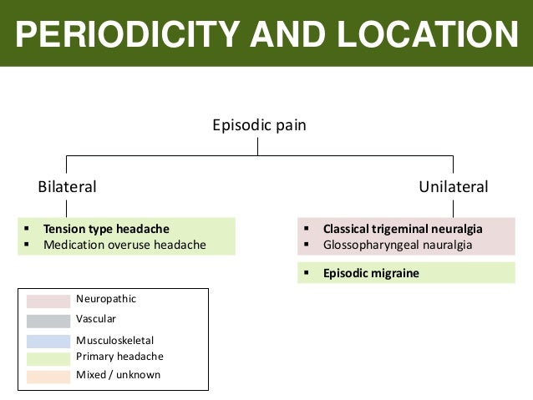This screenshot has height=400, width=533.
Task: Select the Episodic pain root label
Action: coord(259,126)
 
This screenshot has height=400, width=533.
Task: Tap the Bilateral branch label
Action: coord(67,186)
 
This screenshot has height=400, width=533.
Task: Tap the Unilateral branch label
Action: coord(453,186)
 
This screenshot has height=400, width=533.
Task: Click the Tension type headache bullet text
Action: coord(106,229)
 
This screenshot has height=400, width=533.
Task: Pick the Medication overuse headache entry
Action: coord(124,245)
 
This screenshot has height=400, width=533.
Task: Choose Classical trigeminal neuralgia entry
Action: coord(403,229)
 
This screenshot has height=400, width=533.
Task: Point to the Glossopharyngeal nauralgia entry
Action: coord(398,245)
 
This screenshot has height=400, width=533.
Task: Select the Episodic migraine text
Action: coord(371,273)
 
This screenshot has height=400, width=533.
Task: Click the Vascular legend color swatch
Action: coord(48,321)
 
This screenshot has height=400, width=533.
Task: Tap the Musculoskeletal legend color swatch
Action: coord(48,341)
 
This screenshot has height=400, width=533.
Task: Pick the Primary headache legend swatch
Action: coord(48,358)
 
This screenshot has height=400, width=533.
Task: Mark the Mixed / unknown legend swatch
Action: coord(48,377)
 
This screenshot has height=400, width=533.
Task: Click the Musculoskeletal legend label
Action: coord(114,341)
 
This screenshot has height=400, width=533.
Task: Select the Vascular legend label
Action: coord(96,319)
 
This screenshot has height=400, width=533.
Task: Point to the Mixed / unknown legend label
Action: coord(118,375)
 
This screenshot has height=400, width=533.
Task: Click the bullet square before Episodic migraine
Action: coord(307,273)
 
